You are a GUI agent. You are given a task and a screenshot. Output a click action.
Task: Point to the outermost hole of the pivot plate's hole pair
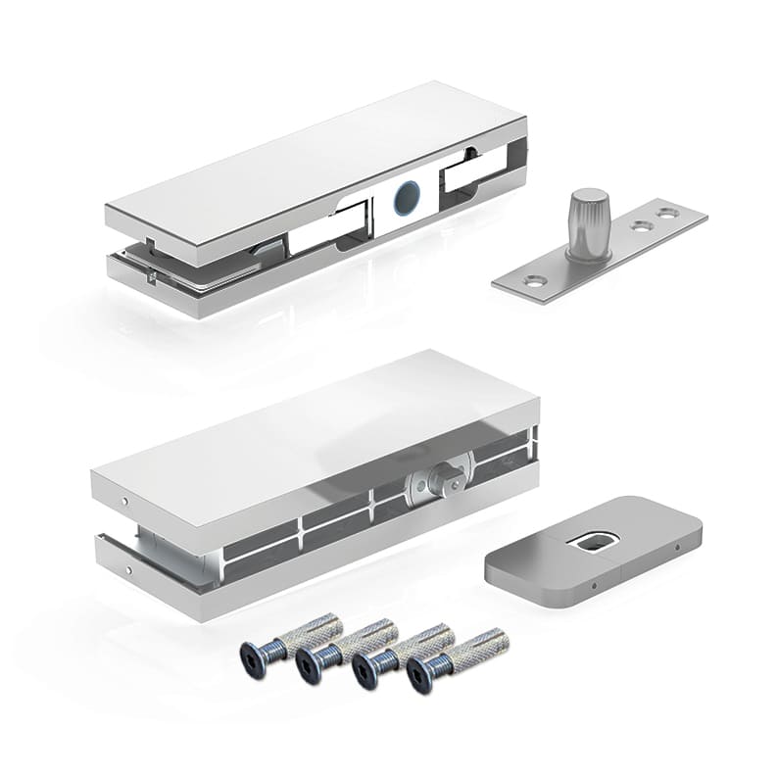point(667,210)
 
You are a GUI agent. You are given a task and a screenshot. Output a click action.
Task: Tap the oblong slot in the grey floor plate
point(593,540)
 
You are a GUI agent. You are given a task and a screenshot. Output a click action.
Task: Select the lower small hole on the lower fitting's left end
point(126,571)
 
